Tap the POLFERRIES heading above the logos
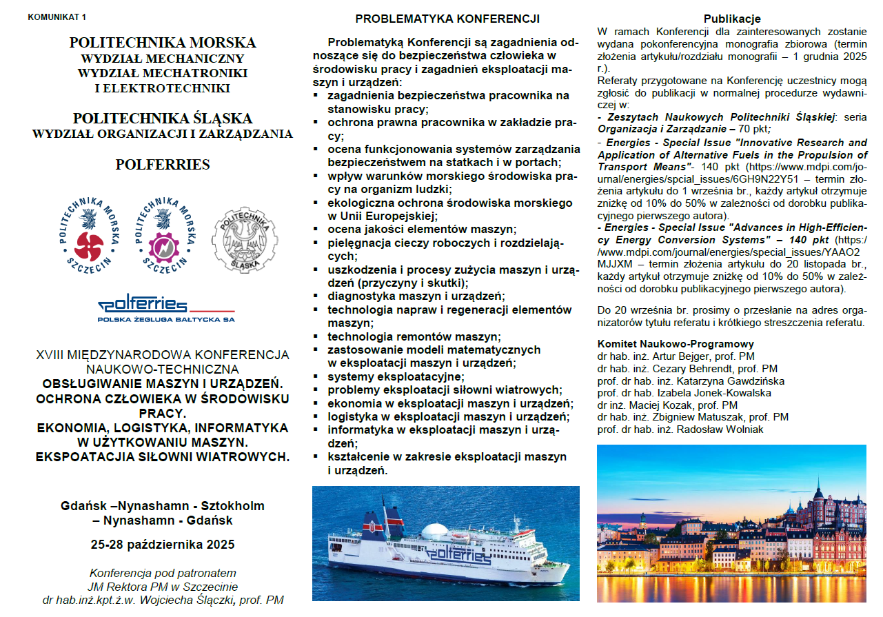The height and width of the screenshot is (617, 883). [x=163, y=165]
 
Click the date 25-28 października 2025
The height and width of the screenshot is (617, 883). [x=163, y=545]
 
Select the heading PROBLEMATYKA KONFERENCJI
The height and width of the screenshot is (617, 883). [x=447, y=19]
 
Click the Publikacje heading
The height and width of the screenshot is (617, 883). [x=732, y=19]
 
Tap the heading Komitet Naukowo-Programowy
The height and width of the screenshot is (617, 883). [x=676, y=344]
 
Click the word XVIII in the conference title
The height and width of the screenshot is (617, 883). [x=50, y=355]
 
